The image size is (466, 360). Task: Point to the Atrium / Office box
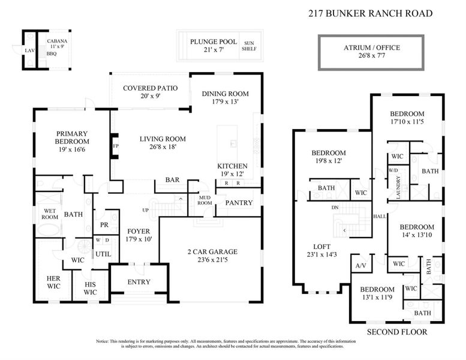click(371, 52)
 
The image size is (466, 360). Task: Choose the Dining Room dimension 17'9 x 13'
click(225, 102)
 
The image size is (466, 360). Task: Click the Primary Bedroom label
click(72, 137)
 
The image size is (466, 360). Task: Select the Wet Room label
click(49, 214)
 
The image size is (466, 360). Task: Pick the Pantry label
click(239, 203)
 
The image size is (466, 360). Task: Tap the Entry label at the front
click(139, 283)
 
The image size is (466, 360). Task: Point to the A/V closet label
click(361, 265)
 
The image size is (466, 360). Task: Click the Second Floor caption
click(396, 332)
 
